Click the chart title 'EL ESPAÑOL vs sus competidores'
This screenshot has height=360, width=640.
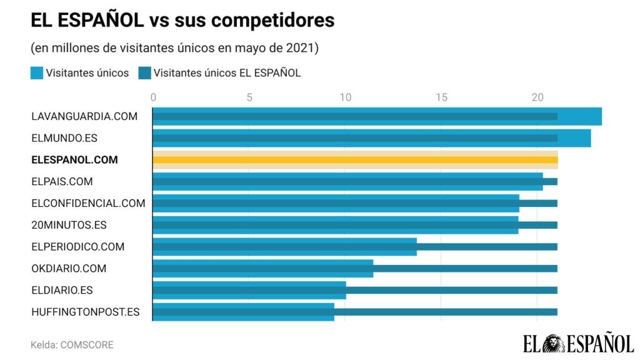pos(182,20)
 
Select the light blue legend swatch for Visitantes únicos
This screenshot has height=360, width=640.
pos(37,73)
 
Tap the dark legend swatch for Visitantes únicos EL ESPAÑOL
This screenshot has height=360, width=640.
pos(144,73)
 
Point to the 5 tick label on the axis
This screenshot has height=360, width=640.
pos(249,97)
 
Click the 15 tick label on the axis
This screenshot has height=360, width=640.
pos(441,97)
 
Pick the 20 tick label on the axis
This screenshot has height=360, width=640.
pos(537,97)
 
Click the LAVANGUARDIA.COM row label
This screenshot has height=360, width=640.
pos(84,116)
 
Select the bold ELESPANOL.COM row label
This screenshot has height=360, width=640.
pos(74,160)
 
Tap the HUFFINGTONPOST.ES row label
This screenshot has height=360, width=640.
pos(86,312)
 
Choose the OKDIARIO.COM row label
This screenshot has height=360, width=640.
pos(69,269)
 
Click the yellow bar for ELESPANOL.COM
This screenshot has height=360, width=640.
pos(355,160)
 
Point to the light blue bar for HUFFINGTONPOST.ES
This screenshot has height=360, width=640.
pos(243,317)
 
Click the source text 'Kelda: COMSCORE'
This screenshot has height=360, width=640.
pos(72,344)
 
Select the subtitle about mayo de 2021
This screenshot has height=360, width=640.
pos(174,48)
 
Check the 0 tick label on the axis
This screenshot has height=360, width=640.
pos(153,97)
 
